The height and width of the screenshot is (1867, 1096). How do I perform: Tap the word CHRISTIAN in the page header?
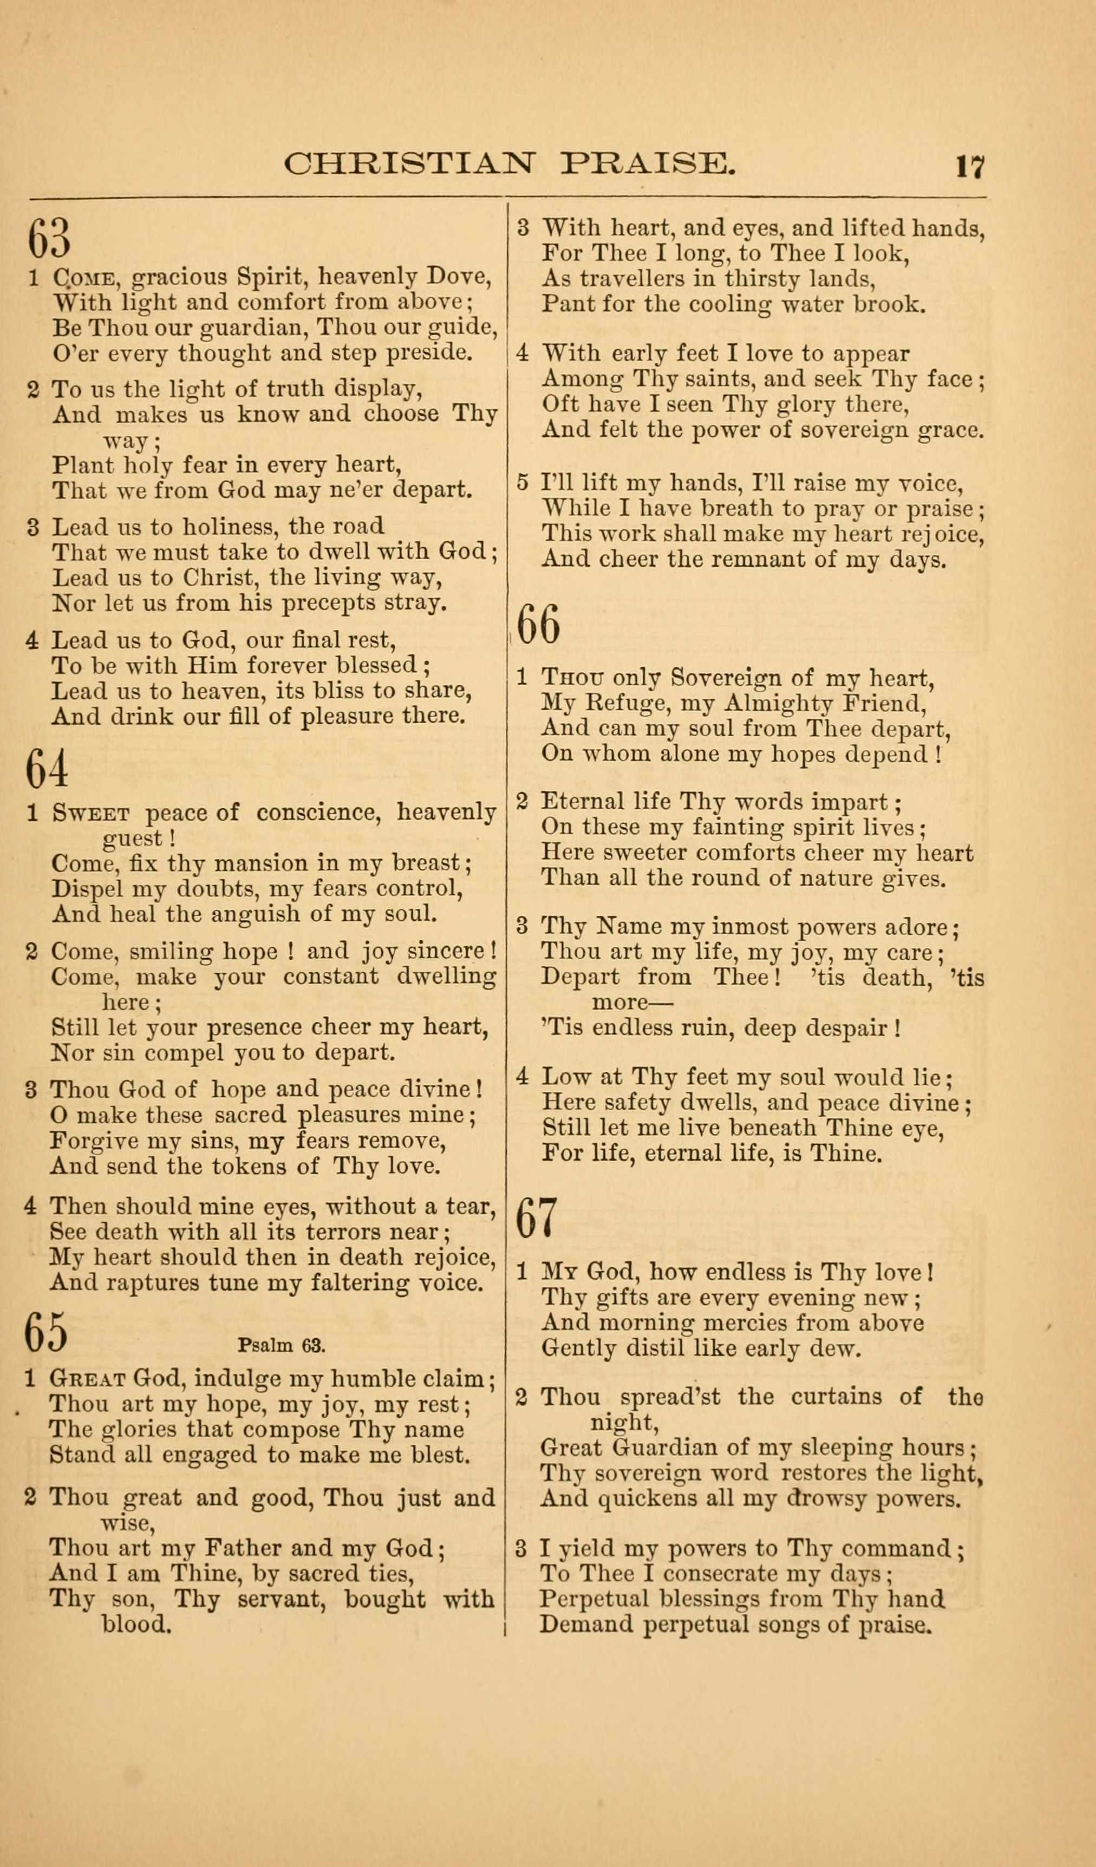click(408, 163)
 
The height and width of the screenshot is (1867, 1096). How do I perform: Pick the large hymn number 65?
click(46, 1331)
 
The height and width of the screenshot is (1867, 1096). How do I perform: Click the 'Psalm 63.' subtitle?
click(282, 1345)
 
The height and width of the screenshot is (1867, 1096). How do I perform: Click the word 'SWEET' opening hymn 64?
click(91, 814)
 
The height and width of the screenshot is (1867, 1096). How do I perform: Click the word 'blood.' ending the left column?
click(136, 1624)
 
